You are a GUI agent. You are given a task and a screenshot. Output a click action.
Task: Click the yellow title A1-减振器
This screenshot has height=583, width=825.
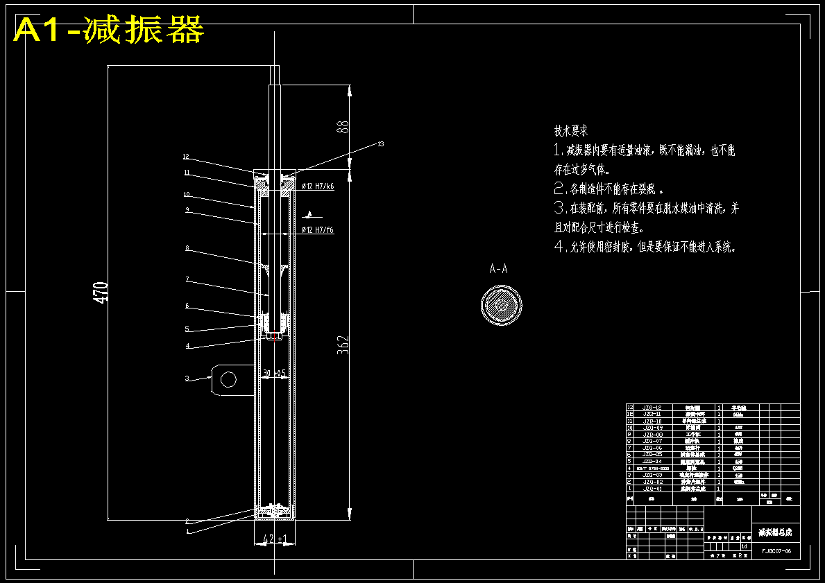coord(109,30)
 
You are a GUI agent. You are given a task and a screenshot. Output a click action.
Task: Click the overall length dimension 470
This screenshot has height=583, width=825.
coord(101,292)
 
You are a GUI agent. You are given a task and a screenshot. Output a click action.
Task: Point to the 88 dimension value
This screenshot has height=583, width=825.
coord(341,127)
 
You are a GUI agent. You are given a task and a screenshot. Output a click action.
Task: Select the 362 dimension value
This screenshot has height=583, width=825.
coord(342,345)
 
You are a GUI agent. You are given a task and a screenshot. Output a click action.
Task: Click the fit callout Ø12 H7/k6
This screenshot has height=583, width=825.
coord(318,186)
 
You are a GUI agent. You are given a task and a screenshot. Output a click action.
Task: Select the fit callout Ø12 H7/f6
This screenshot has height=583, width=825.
coord(318,229)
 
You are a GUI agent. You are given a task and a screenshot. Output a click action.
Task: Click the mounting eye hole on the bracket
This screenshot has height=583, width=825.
coord(228,378)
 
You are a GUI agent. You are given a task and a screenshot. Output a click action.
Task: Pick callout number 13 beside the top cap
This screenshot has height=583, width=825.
coord(380,144)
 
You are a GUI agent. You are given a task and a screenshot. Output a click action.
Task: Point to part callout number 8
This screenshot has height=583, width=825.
coord(187,247)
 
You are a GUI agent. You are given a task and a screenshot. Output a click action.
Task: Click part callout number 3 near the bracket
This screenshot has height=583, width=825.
coord(187,378)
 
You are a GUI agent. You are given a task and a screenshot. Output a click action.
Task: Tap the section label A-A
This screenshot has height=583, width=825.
coord(498,269)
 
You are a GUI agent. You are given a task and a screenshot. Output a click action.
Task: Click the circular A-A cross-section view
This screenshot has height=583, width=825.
coord(501,306)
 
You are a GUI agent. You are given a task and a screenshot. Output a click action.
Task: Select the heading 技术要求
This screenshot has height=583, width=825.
coord(571,130)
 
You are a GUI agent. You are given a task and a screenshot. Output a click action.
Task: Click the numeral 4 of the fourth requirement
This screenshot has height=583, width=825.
coord(559,246)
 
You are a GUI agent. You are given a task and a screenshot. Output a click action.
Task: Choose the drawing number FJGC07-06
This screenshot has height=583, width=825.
coord(776,551)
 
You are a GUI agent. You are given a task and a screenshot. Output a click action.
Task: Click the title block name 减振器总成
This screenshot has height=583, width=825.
coord(774,532)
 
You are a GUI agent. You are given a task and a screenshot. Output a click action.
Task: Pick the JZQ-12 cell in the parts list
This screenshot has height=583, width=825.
coord(652,408)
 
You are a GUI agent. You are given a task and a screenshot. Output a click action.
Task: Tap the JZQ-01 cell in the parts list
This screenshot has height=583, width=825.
coord(652,489)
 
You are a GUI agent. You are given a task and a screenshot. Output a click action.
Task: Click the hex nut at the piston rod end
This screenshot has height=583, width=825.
coord(273,336)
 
